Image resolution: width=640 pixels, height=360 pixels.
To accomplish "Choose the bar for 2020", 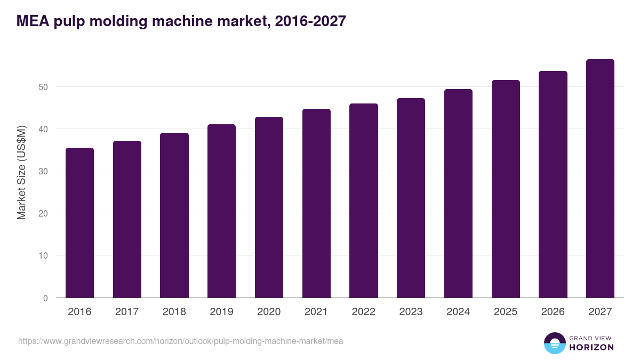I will coord(269,207).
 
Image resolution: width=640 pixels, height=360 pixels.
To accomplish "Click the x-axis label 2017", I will coord(127,312).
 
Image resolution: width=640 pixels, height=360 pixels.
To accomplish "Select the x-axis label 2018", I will coord(174,312).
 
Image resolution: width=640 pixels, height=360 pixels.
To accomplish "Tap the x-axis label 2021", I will coord(316,312).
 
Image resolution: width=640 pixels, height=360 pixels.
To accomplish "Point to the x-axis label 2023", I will coord(411,312).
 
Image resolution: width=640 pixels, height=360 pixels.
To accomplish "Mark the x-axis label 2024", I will coord(458,312).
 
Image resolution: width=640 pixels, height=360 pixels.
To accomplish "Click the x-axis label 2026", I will coord(553,312).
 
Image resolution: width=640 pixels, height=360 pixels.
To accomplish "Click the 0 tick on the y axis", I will coord(45,298).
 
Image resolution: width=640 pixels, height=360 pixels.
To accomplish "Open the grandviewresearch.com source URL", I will coord(180,341).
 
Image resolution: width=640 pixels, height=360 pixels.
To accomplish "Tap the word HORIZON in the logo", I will coord(591,347).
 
